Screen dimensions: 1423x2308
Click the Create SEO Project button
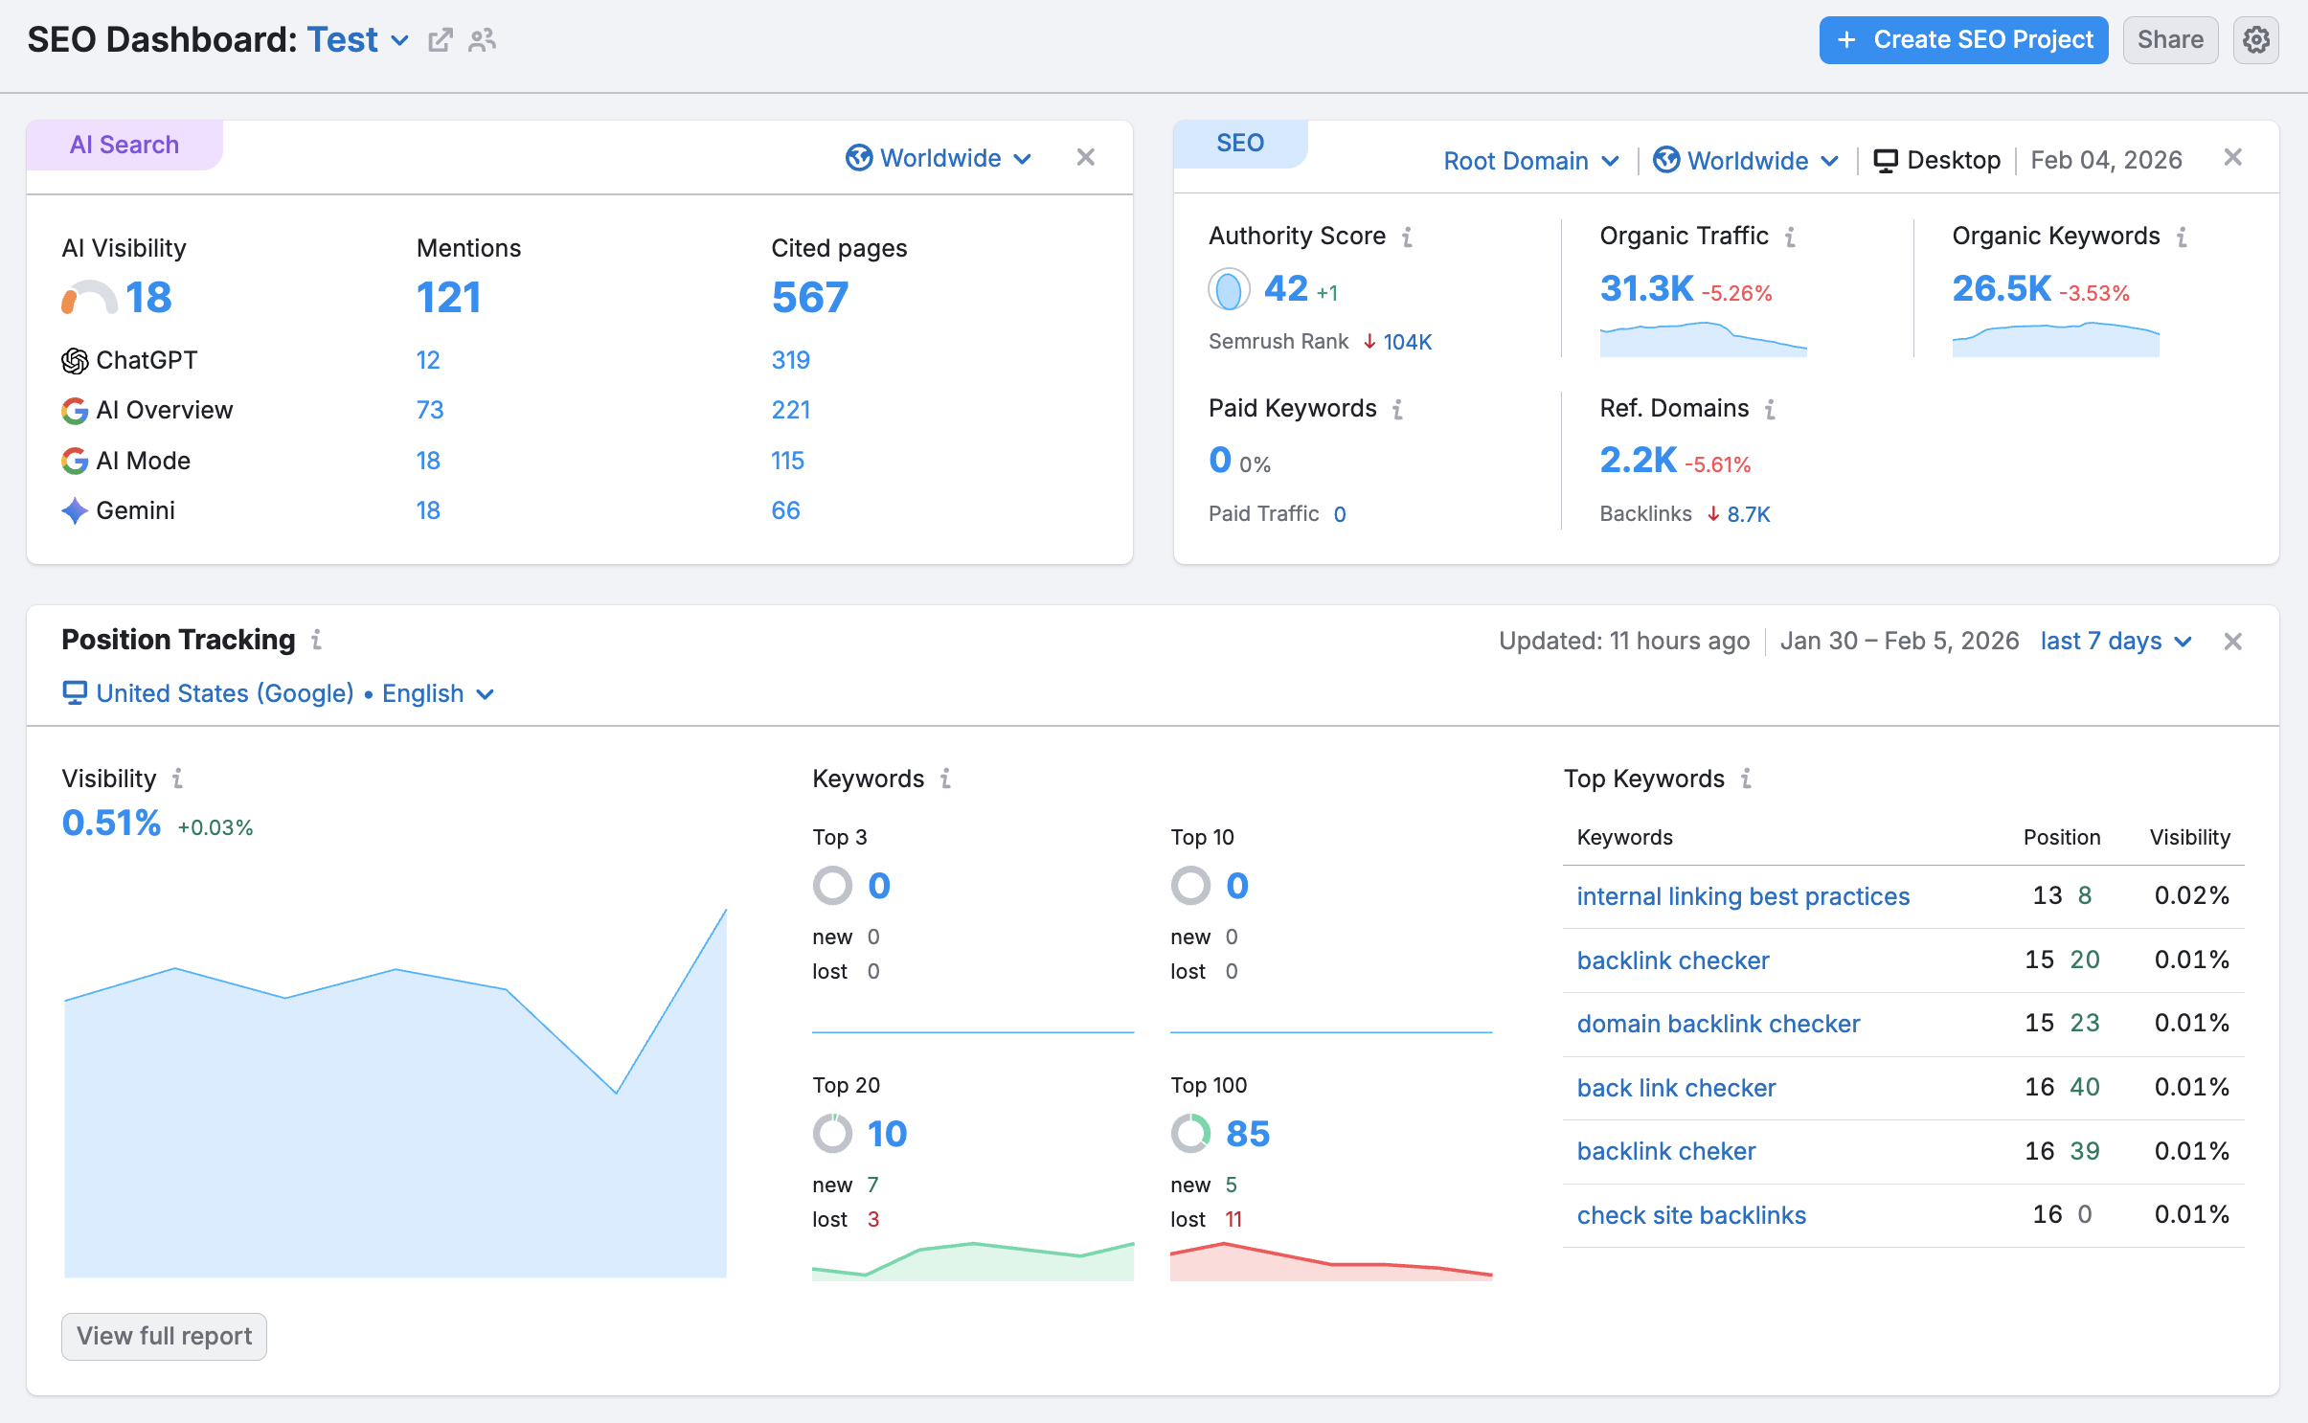pyautogui.click(x=1963, y=40)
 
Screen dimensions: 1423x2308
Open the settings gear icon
pyautogui.click(x=2255, y=40)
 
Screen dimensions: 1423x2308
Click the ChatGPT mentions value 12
pyautogui.click(x=428, y=360)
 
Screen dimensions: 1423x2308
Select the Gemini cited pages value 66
pyautogui.click(x=785, y=510)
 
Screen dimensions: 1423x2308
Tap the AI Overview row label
pyautogui.click(x=164, y=410)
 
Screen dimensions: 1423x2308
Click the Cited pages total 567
pyautogui.click(x=810, y=297)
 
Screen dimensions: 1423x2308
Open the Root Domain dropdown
pyautogui.click(x=1529, y=161)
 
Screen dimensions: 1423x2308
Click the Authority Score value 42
pyautogui.click(x=1285, y=288)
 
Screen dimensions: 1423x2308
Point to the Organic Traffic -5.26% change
pyautogui.click(x=1736, y=293)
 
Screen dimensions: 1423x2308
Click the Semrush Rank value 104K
pyautogui.click(x=1407, y=342)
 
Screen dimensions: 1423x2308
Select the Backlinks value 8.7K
pyautogui.click(x=1748, y=514)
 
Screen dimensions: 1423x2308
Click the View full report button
pyautogui.click(x=164, y=1336)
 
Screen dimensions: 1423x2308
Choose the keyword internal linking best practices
pyautogui.click(x=1743, y=896)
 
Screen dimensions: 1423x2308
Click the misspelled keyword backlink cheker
pyautogui.click(x=1666, y=1151)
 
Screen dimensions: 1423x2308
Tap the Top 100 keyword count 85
pyautogui.click(x=1247, y=1134)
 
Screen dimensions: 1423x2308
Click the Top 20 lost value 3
pyautogui.click(x=872, y=1219)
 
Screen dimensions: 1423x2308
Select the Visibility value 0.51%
pyautogui.click(x=111, y=823)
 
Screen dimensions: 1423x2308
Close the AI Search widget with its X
pyautogui.click(x=1085, y=157)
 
